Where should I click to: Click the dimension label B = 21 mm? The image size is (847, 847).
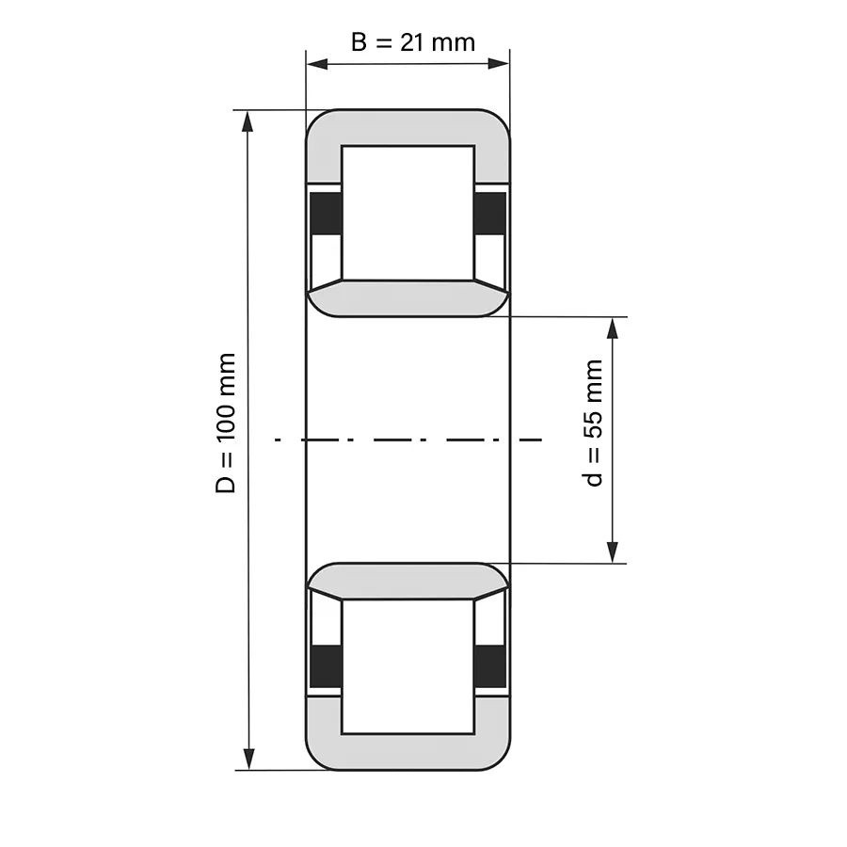pos(413,42)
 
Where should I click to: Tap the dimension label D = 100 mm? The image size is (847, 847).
pos(226,423)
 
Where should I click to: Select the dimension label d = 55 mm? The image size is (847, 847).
pos(593,423)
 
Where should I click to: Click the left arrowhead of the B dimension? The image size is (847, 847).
pos(317,64)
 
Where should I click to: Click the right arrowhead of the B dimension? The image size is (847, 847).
pos(499,64)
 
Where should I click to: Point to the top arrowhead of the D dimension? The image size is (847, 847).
pos(248,121)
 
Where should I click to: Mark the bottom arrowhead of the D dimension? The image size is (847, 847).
pos(248,759)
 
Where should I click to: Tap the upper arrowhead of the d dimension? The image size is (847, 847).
pos(612,328)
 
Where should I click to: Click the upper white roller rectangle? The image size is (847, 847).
pos(408,213)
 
